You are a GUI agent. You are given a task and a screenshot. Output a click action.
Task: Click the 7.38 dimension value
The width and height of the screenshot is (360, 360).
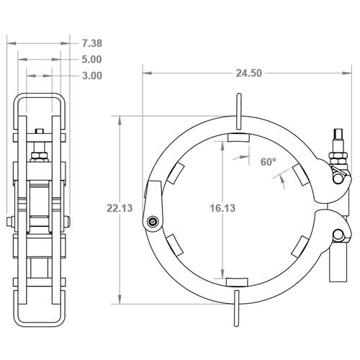pyautogui.click(x=92, y=43)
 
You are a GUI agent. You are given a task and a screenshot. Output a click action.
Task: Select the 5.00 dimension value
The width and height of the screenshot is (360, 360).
pyautogui.click(x=91, y=60)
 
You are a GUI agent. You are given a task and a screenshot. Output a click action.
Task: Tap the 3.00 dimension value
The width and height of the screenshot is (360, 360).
pyautogui.click(x=92, y=76)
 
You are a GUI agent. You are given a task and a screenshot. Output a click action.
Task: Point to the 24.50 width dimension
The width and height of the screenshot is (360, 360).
pyautogui.click(x=248, y=73)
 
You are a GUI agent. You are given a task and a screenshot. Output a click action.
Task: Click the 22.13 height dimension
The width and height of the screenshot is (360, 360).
pyautogui.click(x=120, y=208)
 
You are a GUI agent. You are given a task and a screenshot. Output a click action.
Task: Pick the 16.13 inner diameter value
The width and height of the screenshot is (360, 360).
pyautogui.click(x=222, y=208)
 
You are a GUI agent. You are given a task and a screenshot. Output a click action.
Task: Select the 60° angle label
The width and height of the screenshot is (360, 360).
pyautogui.click(x=269, y=162)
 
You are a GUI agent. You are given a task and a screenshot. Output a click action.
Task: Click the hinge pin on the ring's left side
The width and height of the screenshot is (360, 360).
pyautogui.click(x=153, y=221)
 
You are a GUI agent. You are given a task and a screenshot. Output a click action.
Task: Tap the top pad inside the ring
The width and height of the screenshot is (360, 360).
pyautogui.click(x=238, y=138)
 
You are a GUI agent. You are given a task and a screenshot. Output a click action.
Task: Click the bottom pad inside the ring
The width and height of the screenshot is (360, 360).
pyautogui.click(x=237, y=282)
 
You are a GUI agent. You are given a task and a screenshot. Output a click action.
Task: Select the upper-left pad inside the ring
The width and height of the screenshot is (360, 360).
pyautogui.click(x=176, y=173)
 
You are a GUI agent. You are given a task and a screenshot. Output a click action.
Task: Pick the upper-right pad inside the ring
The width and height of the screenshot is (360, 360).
pyautogui.click(x=301, y=175)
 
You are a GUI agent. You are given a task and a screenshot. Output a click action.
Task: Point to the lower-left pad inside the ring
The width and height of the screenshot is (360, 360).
pyautogui.click(x=175, y=245)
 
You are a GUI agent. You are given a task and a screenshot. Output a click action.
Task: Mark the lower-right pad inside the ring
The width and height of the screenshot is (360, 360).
pyautogui.click(x=300, y=247)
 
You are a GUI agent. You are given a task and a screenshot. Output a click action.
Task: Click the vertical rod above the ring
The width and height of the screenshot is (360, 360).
pyautogui.click(x=239, y=112)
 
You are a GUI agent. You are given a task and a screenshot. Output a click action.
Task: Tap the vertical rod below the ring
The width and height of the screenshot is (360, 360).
pyautogui.click(x=236, y=308)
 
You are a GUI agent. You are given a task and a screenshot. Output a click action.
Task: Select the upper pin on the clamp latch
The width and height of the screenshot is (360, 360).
pyautogui.click(x=338, y=179)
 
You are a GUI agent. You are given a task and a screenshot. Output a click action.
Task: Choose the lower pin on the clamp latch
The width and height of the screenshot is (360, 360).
pyautogui.click(x=338, y=234)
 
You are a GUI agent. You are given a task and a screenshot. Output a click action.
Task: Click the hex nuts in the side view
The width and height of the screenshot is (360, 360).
pyautogui.click(x=39, y=157)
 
